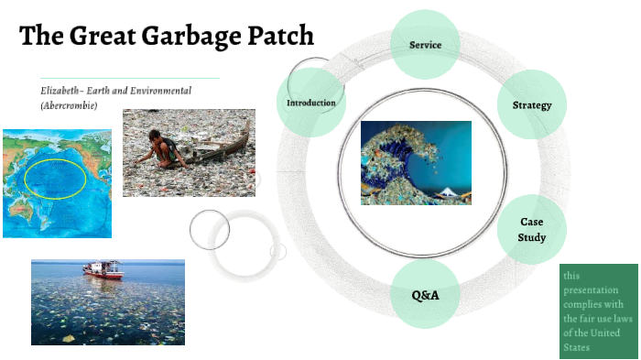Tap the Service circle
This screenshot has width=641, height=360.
click(x=426, y=45)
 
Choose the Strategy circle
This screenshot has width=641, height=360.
click(x=532, y=104)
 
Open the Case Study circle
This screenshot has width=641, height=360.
click(x=532, y=230)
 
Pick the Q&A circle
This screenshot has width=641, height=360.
click(x=425, y=295)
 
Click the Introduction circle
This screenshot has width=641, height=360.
click(x=311, y=103)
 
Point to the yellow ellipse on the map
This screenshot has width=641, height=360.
click(x=55, y=179)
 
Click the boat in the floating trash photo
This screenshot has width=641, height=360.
click(x=102, y=270)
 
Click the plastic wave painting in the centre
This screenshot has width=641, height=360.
click(x=416, y=162)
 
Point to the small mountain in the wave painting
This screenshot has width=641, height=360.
click(x=448, y=192)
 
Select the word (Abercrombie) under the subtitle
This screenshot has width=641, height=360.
click(x=69, y=105)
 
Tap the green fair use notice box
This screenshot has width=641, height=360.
click(x=599, y=311)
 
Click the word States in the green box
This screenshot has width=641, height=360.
click(x=577, y=347)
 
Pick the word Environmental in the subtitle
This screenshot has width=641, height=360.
click(x=186, y=91)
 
